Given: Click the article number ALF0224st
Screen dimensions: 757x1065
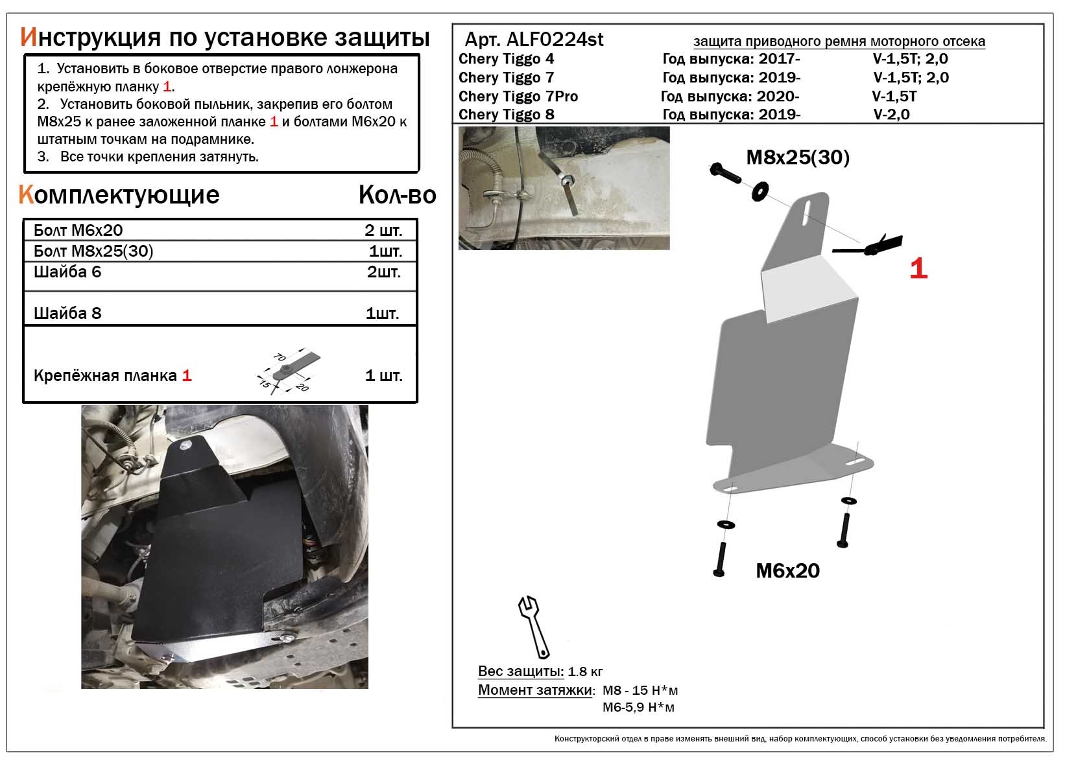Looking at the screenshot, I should click(x=553, y=40).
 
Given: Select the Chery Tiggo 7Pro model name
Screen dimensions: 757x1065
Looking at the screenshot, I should click(x=518, y=97).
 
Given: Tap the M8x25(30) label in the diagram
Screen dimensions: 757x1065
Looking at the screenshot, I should click(x=798, y=157).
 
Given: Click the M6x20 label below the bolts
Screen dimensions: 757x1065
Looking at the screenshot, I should click(x=787, y=571).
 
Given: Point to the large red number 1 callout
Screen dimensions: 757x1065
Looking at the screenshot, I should click(x=918, y=268).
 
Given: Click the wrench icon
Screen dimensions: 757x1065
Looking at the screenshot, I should click(x=533, y=625).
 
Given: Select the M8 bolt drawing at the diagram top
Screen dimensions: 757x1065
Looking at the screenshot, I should click(x=725, y=173).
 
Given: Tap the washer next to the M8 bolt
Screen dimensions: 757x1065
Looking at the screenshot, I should click(x=760, y=191).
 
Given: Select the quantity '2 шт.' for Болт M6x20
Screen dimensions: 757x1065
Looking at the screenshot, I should click(x=383, y=231).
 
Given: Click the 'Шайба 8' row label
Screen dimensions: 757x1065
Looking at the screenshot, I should click(x=67, y=314).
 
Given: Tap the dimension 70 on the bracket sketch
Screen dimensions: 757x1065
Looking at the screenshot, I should click(x=281, y=357).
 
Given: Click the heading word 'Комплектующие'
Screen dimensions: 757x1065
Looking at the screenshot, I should click(x=120, y=195).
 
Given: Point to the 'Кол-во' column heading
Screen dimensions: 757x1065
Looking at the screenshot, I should click(x=397, y=195).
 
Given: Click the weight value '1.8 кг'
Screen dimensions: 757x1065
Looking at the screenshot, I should click(x=585, y=672).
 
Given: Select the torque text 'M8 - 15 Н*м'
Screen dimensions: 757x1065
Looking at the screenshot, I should click(x=640, y=691).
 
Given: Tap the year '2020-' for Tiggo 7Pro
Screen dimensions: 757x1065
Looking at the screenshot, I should click(x=778, y=97).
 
